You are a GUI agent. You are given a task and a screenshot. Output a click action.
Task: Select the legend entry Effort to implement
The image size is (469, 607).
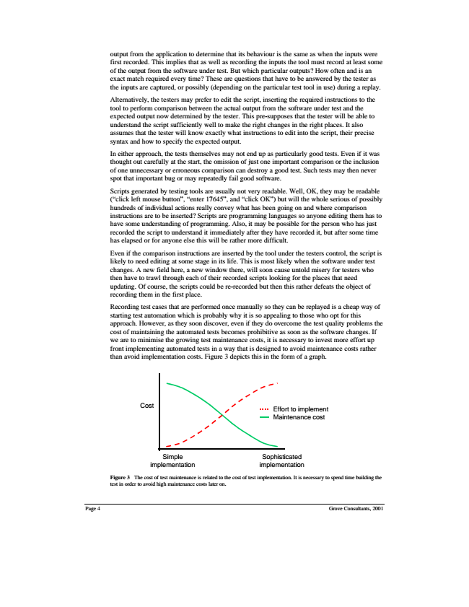301,409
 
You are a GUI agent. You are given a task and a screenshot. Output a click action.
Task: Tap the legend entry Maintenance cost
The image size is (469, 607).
299,417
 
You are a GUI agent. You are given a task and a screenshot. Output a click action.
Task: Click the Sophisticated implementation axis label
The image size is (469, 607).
281,461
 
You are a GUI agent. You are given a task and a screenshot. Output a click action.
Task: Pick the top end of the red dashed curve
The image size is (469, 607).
276,383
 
